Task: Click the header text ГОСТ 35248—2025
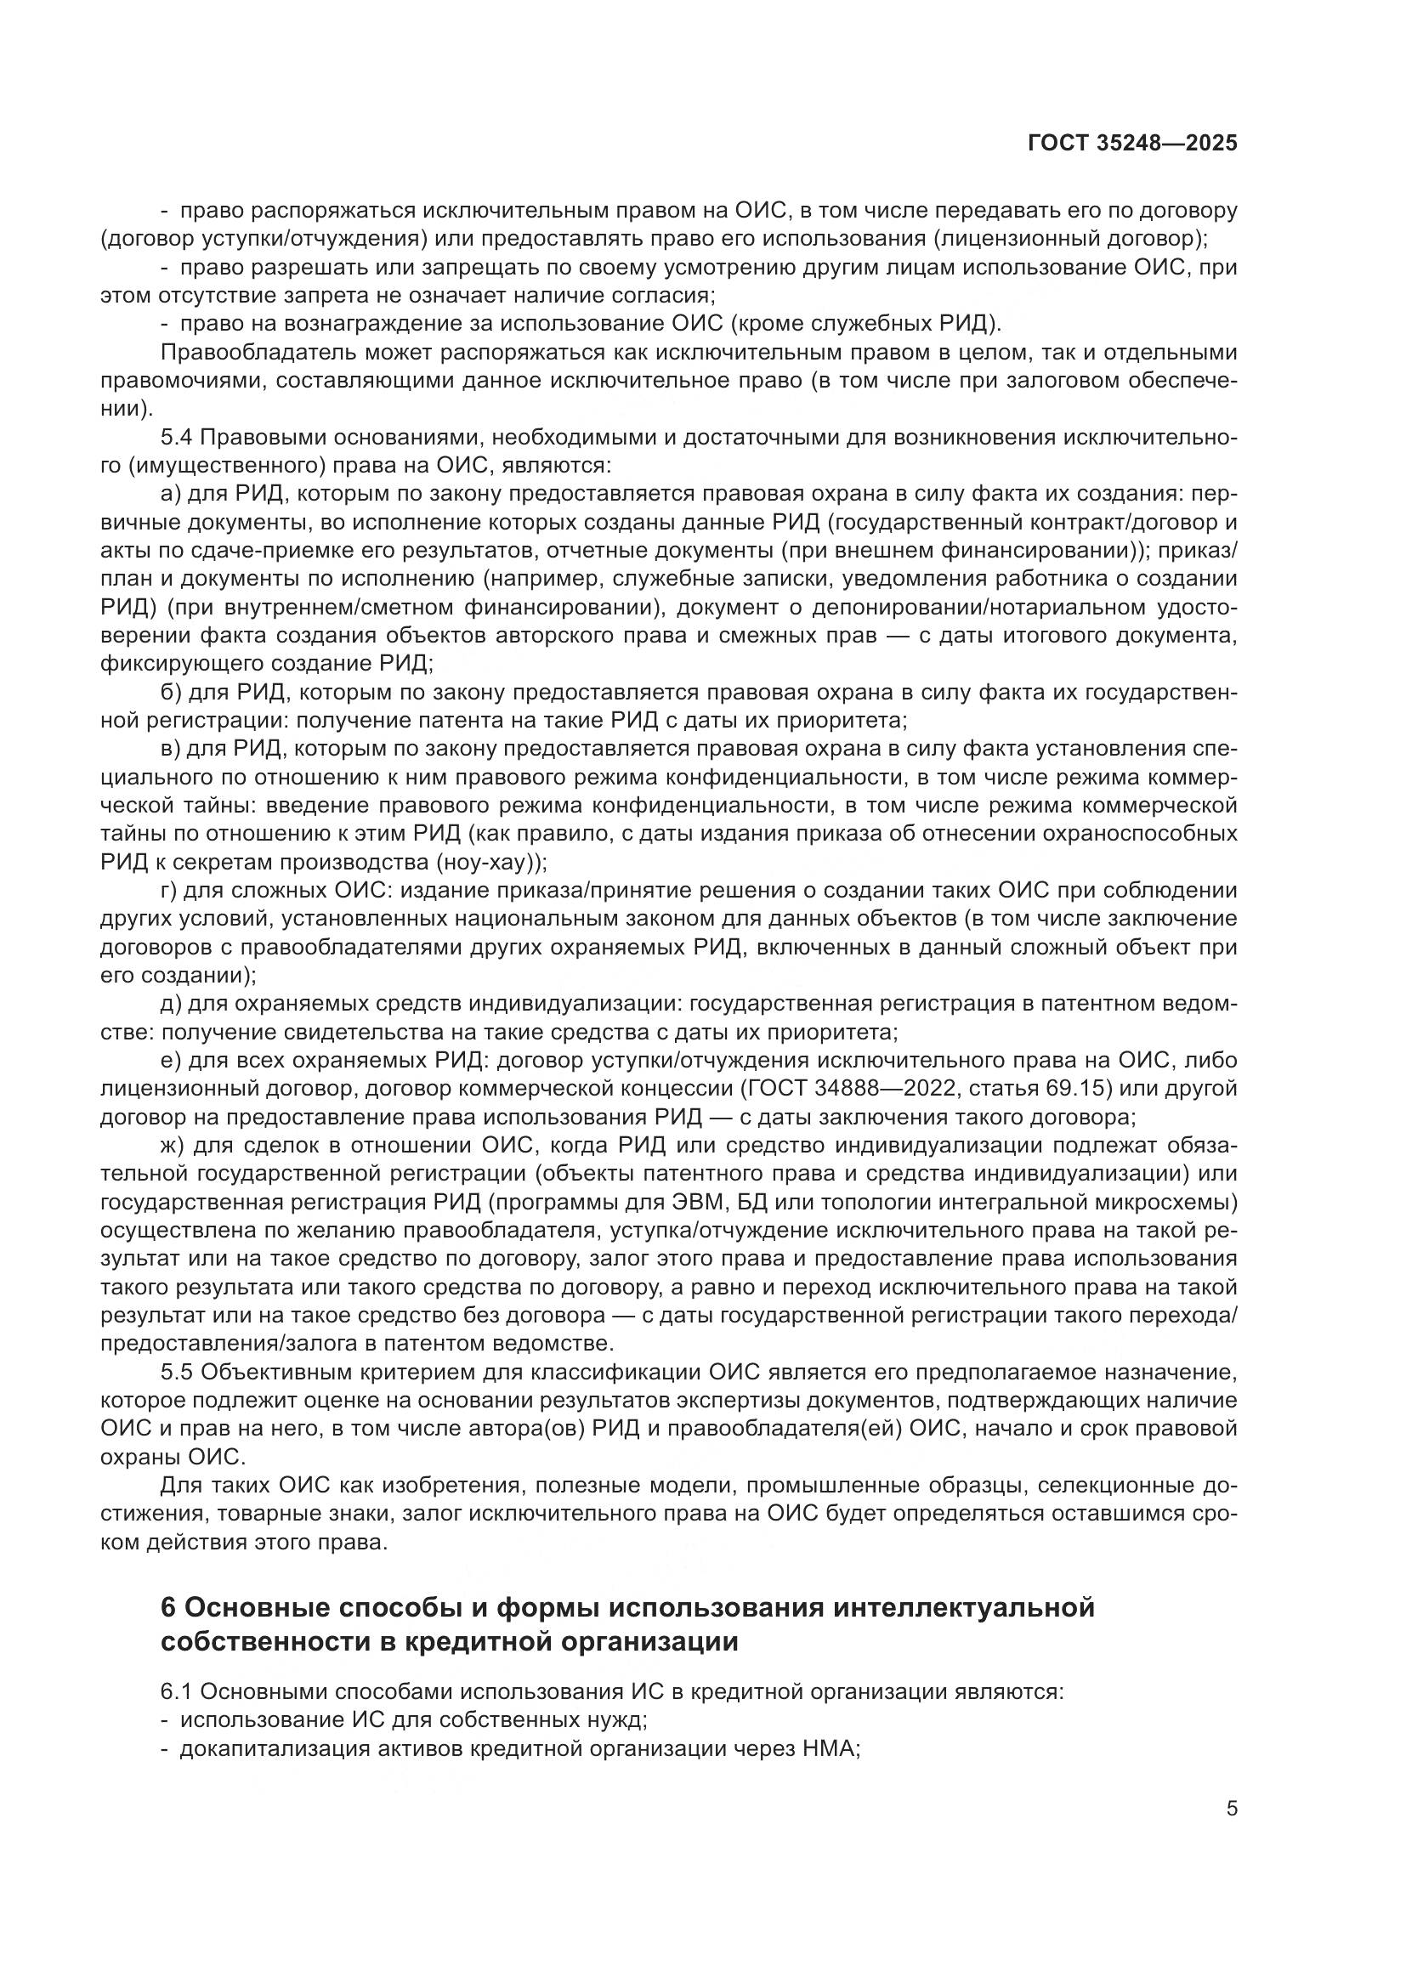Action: click(x=1132, y=144)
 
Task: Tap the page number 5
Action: click(x=1232, y=1808)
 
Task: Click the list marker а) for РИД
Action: click(x=170, y=495)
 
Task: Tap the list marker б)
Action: click(x=170, y=693)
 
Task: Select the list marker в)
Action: click(x=170, y=749)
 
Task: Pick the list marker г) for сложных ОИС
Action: click(x=169, y=891)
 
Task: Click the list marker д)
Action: click(x=170, y=1005)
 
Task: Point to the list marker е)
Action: click(x=170, y=1061)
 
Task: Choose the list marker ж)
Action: click(x=172, y=1146)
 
